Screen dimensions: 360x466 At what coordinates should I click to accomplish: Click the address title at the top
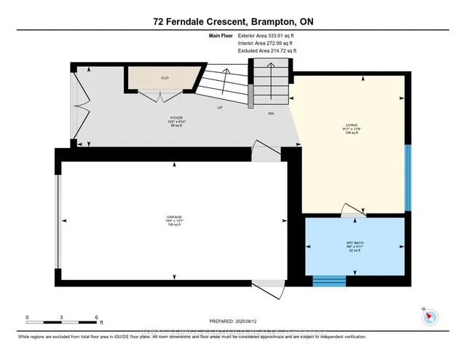click(x=232, y=23)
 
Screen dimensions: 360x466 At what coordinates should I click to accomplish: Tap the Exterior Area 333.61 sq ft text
click(x=267, y=36)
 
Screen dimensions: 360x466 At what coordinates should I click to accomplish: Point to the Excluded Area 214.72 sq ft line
click(x=267, y=52)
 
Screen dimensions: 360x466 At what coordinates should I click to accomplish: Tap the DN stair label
click(x=271, y=113)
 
